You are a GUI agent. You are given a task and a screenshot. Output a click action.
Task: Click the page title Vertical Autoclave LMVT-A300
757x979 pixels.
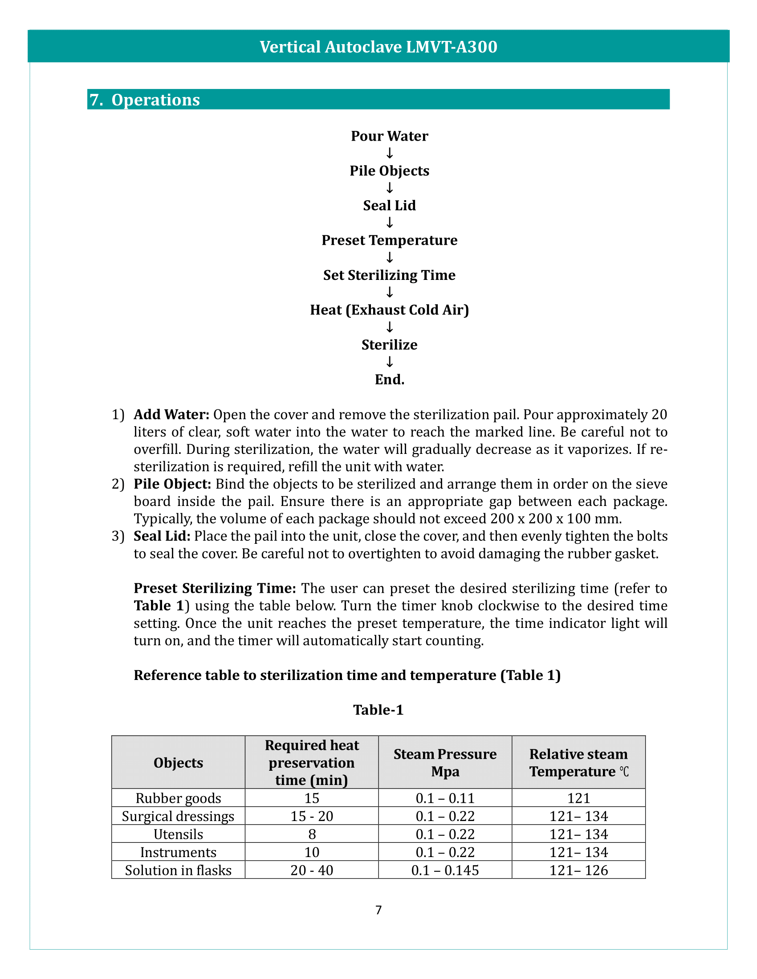378,47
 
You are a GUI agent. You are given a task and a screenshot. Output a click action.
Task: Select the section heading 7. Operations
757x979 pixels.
144,100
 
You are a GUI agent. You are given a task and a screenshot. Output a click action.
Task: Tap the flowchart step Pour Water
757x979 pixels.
389,136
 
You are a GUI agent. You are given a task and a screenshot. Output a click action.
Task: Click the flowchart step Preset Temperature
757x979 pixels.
389,240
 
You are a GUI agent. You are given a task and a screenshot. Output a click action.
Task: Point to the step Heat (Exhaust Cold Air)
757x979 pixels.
389,310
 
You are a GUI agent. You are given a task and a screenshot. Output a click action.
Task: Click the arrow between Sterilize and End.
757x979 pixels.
389,362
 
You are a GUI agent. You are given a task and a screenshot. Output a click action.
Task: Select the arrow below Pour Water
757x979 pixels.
389,154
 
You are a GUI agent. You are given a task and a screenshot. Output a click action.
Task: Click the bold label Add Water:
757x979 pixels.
171,415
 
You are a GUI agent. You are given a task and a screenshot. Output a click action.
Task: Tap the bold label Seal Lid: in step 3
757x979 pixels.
162,536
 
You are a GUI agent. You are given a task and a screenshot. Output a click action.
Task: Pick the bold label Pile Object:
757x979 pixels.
172,484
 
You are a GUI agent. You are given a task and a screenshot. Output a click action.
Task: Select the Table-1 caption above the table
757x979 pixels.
378,710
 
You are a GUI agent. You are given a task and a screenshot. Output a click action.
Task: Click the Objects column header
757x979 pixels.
178,762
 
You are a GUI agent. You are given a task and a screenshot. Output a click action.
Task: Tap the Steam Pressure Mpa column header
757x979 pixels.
445,762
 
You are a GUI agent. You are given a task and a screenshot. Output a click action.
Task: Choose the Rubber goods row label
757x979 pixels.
178,798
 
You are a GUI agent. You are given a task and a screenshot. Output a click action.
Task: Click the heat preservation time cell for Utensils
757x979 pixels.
312,834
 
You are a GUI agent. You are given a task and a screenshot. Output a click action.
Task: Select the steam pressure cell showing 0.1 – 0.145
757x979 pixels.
445,870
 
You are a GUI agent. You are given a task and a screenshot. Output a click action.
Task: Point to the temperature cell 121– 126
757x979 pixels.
578,870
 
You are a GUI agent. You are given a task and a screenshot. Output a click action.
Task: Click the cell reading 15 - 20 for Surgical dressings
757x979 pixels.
312,816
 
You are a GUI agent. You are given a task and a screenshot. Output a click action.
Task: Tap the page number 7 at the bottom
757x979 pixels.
378,910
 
